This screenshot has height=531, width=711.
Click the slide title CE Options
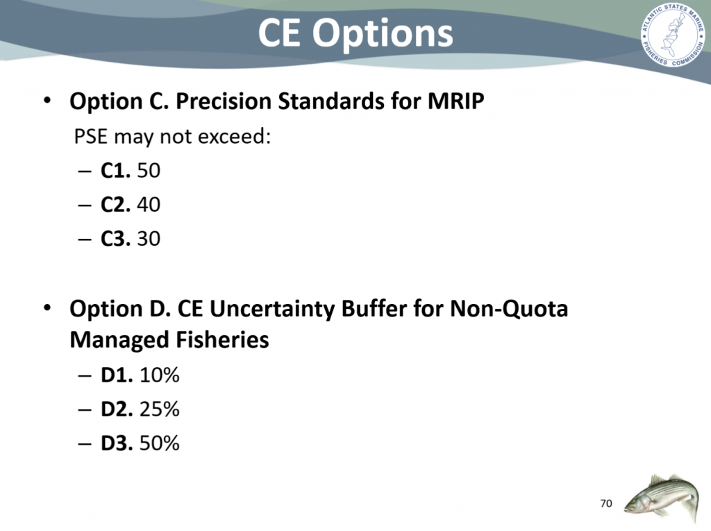pos(355,33)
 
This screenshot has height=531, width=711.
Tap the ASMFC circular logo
pos(673,35)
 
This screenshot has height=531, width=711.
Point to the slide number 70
pos(605,503)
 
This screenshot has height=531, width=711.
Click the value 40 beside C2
pos(149,205)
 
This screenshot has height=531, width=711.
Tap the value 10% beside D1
pos(160,375)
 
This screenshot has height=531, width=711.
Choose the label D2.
pos(117,409)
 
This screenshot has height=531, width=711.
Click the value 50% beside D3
pos(160,443)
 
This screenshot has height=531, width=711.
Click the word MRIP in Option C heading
pos(455,101)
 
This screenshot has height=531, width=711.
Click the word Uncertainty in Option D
pos(271,309)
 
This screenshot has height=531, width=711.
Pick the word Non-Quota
pos(509,309)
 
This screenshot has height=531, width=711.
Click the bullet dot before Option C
pos(47,100)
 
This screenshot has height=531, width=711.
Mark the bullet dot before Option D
pos(47,308)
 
